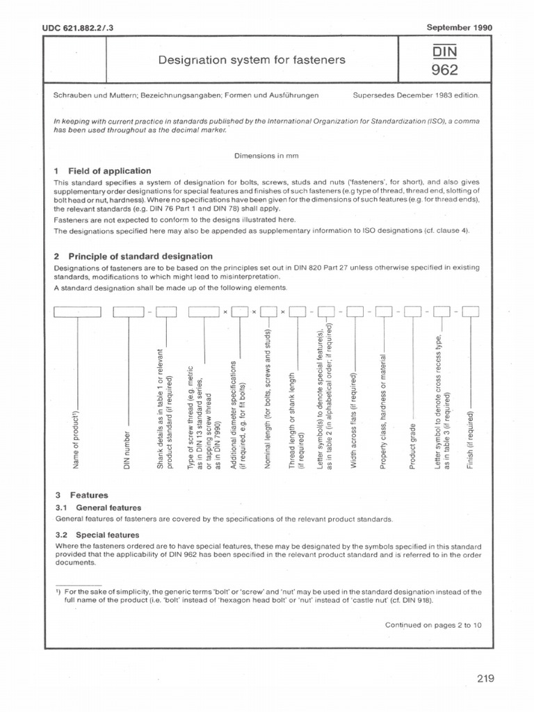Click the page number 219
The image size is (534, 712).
[x=485, y=679]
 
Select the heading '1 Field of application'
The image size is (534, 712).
[x=102, y=170]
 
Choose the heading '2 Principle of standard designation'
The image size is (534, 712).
[x=133, y=257]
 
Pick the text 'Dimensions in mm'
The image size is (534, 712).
[x=266, y=156]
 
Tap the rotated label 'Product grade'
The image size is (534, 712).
[x=412, y=445]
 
